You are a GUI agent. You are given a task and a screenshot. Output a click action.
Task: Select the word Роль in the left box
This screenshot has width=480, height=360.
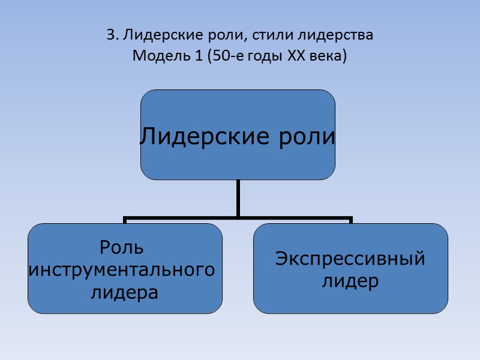click(122, 247)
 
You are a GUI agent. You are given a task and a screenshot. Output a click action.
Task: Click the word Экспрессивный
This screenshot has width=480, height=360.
click(350, 259)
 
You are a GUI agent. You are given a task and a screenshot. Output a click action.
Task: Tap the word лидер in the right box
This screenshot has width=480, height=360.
click(350, 281)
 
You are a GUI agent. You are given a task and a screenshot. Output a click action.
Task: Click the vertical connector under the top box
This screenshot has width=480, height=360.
click(238, 197)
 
